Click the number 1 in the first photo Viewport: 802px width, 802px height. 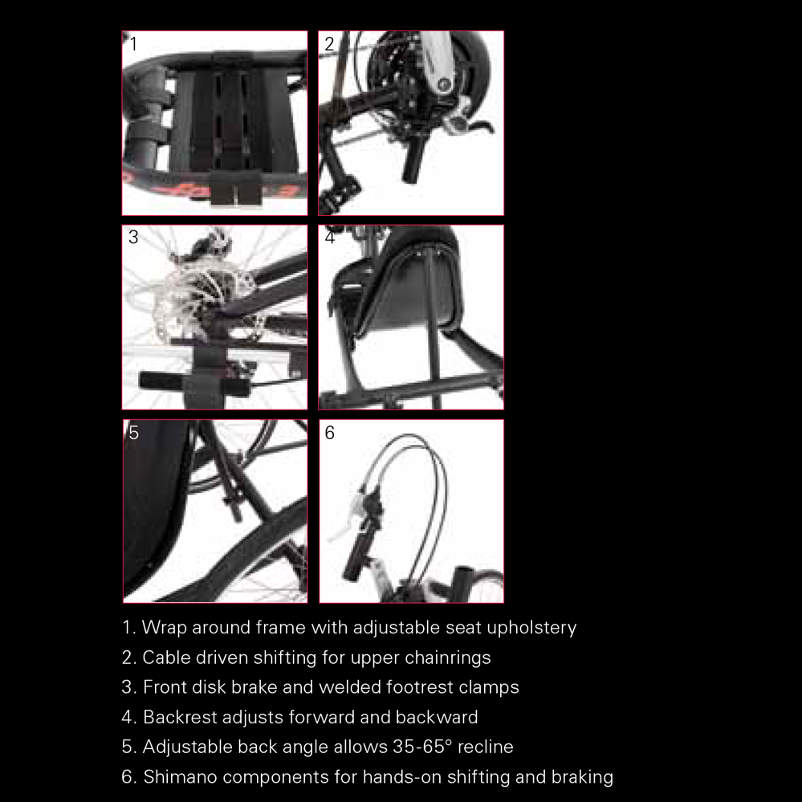(x=133, y=44)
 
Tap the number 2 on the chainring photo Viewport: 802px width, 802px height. (x=329, y=44)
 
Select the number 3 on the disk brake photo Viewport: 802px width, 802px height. (x=133, y=238)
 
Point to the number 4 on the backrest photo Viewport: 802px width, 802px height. (x=329, y=238)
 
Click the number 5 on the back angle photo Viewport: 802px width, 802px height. (x=133, y=433)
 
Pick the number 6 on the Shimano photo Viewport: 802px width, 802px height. (x=329, y=433)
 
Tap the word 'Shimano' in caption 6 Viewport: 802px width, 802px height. (x=180, y=777)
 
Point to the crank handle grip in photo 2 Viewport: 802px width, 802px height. (x=410, y=161)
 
